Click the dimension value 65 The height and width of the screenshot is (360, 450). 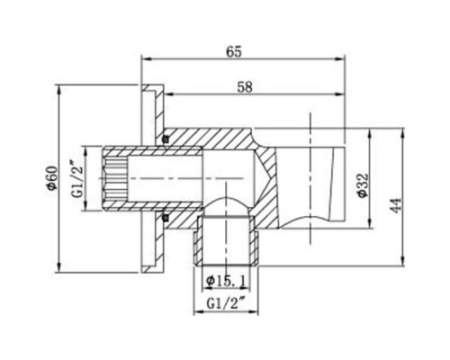(234, 51)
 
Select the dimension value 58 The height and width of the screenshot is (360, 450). (245, 87)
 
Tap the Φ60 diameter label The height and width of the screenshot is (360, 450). (52, 177)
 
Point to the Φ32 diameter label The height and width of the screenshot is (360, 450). (363, 185)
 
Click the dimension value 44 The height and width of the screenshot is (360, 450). (397, 205)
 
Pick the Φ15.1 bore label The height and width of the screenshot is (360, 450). (226, 281)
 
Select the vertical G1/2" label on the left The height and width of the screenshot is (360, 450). (77, 179)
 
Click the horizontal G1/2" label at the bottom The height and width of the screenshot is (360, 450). (225, 304)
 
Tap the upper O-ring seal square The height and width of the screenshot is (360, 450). (166, 139)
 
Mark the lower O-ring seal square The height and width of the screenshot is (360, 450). (166, 218)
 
